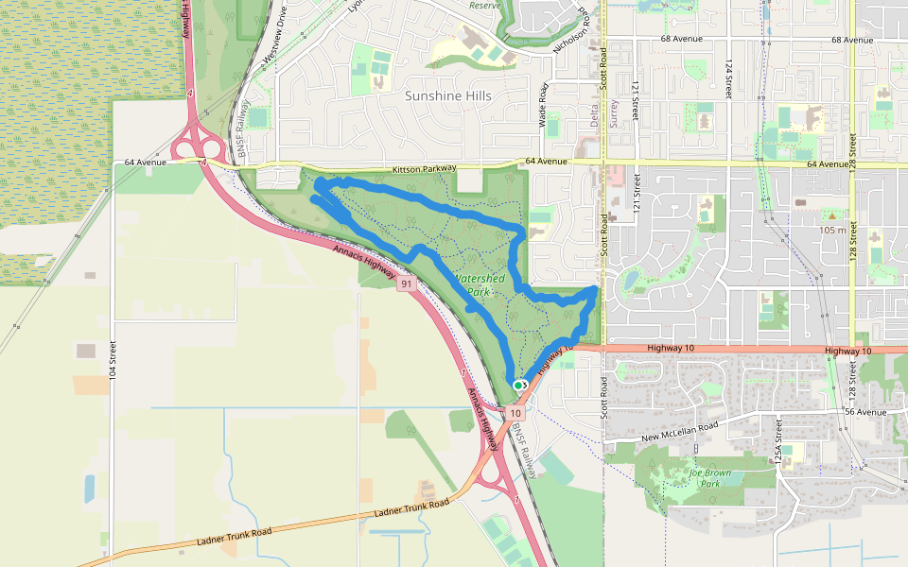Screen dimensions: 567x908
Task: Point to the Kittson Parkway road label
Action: pos(425,168)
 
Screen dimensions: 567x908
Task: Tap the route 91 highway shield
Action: pos(407,283)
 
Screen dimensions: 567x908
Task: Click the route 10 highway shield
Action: pos(515,413)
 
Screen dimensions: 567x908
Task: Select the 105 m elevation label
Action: pos(832,230)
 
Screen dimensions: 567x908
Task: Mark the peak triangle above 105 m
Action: pos(832,216)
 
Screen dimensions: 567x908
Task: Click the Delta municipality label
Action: pos(593,115)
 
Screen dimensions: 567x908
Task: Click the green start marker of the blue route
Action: pos(518,386)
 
